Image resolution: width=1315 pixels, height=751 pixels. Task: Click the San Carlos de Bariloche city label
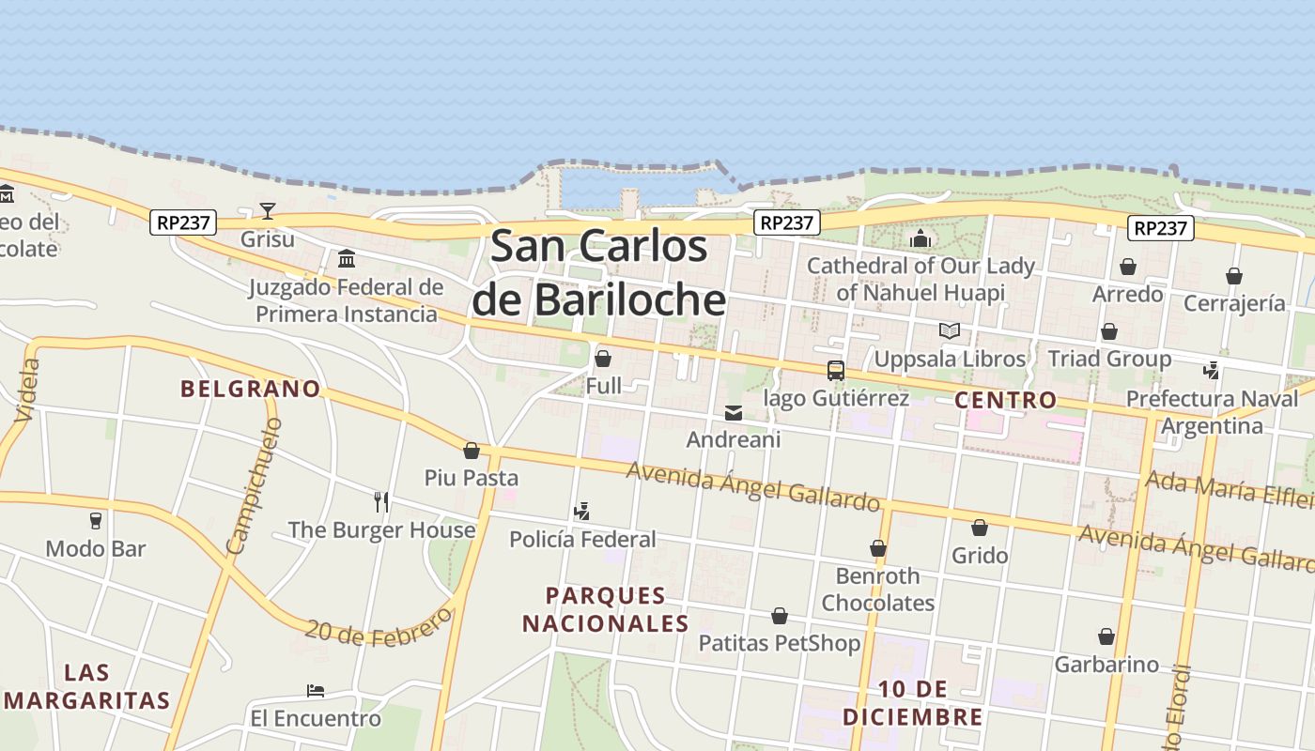pyautogui.click(x=598, y=272)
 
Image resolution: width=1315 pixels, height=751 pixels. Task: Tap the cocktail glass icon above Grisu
pyautogui.click(x=268, y=210)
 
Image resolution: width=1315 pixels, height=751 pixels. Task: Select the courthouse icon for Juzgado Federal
pyautogui.click(x=347, y=258)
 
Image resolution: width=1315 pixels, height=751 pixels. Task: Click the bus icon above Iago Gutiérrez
pyautogui.click(x=835, y=370)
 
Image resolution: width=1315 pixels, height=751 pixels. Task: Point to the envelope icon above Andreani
pyautogui.click(x=733, y=412)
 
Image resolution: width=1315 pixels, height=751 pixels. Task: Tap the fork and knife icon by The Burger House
pyautogui.click(x=381, y=501)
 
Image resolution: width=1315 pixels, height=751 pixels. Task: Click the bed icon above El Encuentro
pyautogui.click(x=316, y=691)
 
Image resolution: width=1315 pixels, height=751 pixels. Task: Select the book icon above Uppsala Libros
pyautogui.click(x=950, y=330)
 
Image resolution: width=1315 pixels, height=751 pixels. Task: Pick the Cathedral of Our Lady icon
pyautogui.click(x=920, y=238)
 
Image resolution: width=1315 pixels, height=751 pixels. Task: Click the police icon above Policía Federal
pyautogui.click(x=582, y=512)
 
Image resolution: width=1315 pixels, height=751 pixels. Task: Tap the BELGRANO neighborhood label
pyautogui.click(x=250, y=389)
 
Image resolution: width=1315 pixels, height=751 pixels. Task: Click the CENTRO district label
pyautogui.click(x=1005, y=400)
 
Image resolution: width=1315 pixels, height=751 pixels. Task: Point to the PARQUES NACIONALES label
pyautogui.click(x=606, y=609)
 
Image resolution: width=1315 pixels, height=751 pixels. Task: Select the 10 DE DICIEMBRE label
pyautogui.click(x=912, y=703)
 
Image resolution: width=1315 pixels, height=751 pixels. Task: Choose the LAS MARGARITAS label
pyautogui.click(x=87, y=686)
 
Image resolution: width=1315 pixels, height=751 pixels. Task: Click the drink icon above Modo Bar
pyautogui.click(x=95, y=520)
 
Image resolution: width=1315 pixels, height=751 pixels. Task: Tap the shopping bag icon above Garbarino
pyautogui.click(x=1106, y=636)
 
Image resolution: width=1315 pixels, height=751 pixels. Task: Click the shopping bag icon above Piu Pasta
pyautogui.click(x=472, y=451)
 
